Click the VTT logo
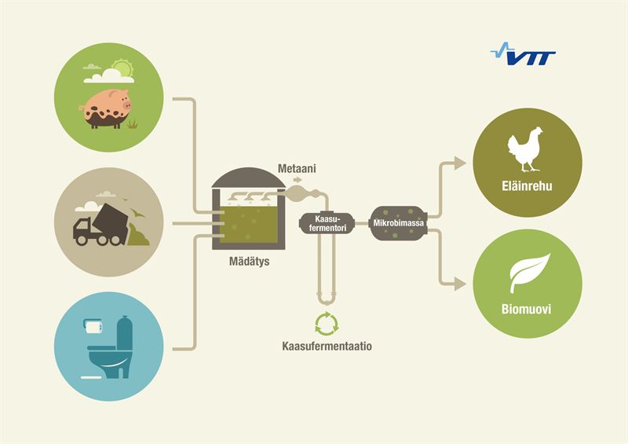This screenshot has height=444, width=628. pyautogui.click(x=523, y=57)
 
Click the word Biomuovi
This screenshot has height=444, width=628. pyautogui.click(x=525, y=309)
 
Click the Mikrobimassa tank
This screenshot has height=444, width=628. pyautogui.click(x=400, y=223)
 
